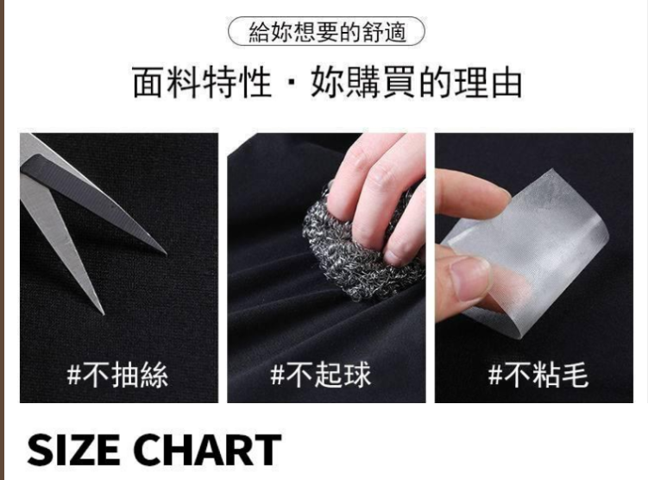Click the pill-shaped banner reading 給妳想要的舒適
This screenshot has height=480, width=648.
(326, 31)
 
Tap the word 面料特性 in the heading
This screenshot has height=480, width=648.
(202, 83)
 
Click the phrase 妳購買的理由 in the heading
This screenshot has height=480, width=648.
(416, 83)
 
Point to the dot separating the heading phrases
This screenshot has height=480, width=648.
(292, 83)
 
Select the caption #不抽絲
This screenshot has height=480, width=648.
(117, 375)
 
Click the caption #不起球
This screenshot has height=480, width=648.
(321, 375)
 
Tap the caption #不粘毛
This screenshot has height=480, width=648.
(538, 375)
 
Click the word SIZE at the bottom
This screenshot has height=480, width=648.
(73, 450)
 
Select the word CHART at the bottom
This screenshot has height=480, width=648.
(207, 450)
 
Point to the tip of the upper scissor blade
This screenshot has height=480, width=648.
(167, 254)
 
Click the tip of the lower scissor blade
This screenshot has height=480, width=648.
(103, 313)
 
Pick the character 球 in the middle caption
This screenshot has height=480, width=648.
(357, 375)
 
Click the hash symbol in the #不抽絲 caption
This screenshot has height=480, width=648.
(73, 376)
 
